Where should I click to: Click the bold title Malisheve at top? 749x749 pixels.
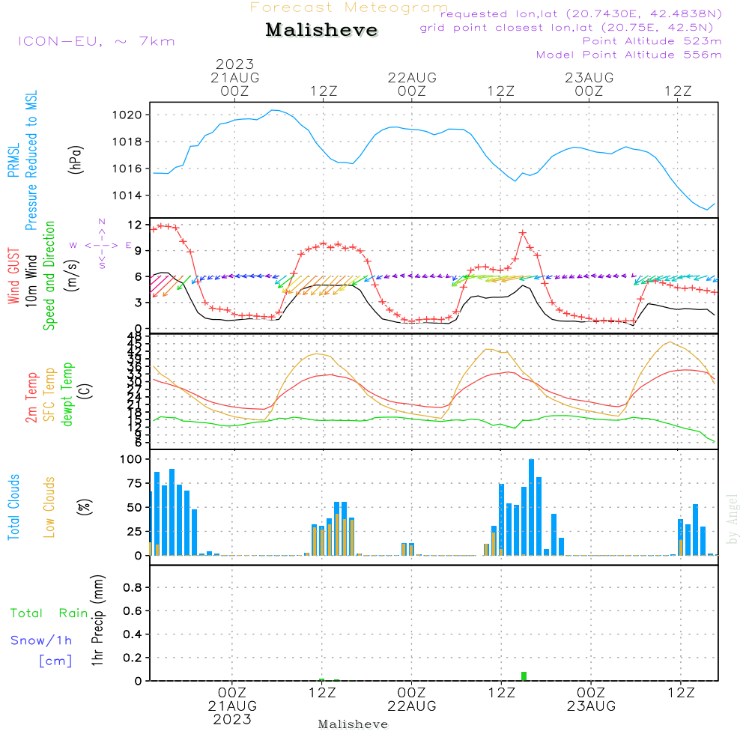click(x=322, y=31)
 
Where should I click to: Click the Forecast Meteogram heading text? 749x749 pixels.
click(x=349, y=7)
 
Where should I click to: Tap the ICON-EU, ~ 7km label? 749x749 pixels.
click(x=96, y=41)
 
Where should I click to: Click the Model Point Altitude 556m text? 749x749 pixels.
click(x=628, y=55)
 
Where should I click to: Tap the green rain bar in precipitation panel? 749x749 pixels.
click(x=524, y=676)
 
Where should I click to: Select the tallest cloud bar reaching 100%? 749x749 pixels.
click(x=531, y=506)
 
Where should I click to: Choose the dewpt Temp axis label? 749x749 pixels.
click(x=67, y=395)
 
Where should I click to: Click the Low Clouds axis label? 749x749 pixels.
click(x=49, y=507)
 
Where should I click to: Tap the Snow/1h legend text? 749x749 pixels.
click(x=42, y=640)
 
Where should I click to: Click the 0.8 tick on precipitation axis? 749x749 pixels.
click(x=132, y=588)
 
